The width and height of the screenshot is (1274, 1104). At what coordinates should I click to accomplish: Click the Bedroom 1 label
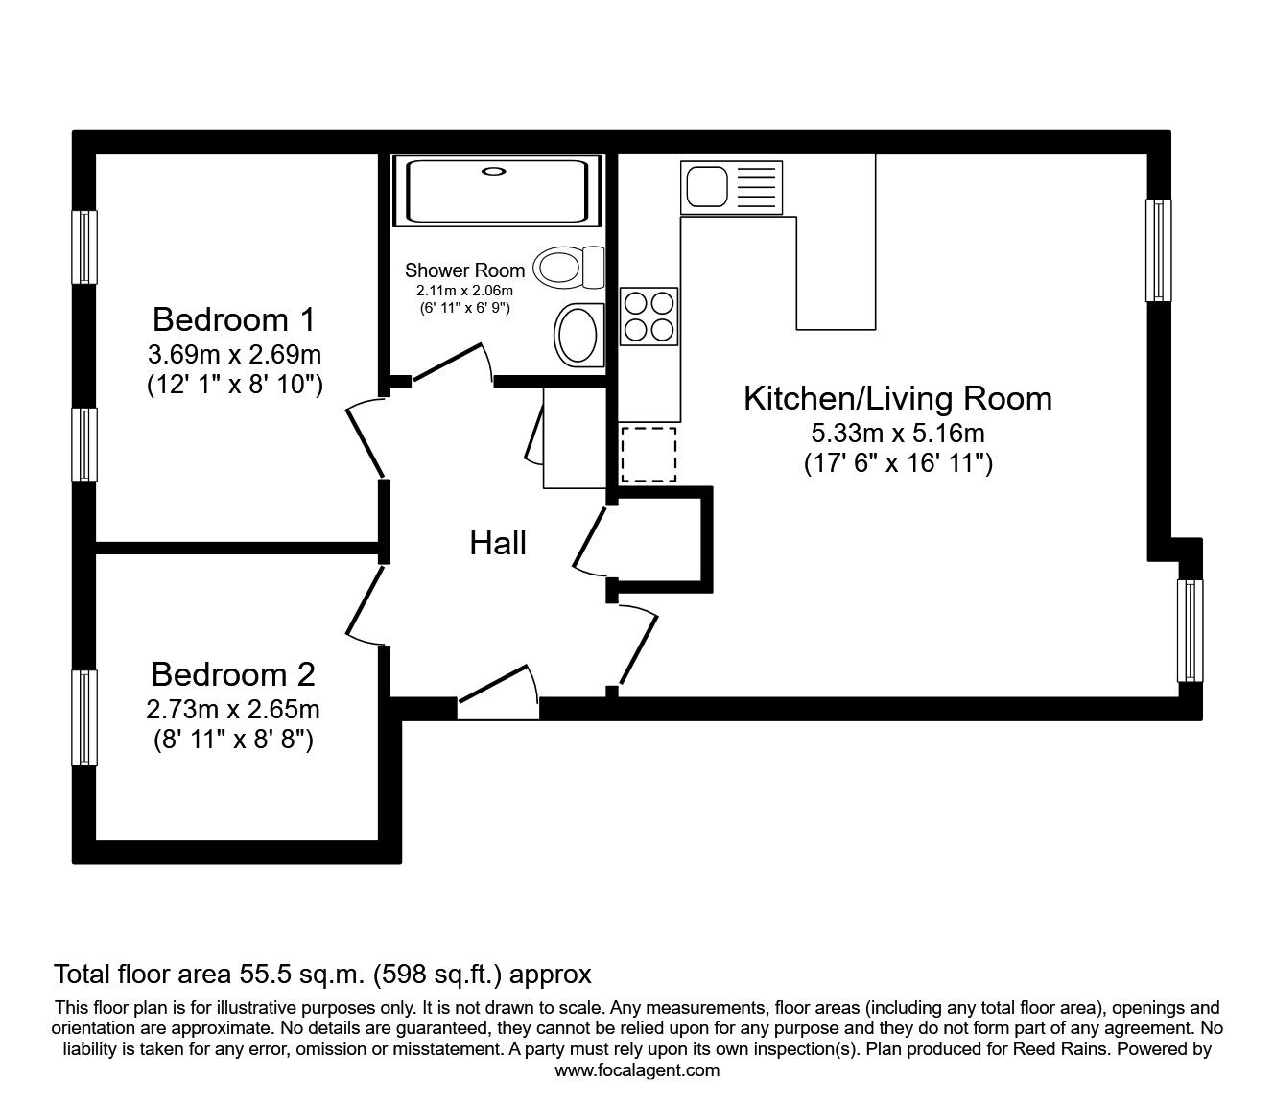pyautogui.click(x=234, y=318)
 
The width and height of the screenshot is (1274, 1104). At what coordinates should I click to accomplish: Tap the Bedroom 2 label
pyautogui.click(x=233, y=675)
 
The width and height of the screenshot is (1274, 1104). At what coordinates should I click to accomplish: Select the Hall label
pyautogui.click(x=498, y=544)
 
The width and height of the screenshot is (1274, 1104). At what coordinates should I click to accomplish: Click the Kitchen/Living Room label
pyautogui.click(x=897, y=398)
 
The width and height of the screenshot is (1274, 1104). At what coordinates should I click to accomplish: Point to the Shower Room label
pyautogui.click(x=464, y=270)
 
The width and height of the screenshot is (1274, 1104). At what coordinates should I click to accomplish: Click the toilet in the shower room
pyautogui.click(x=570, y=266)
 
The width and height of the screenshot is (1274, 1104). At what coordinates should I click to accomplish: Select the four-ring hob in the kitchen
pyautogui.click(x=649, y=317)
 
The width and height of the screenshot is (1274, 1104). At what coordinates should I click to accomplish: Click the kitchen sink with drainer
pyautogui.click(x=731, y=188)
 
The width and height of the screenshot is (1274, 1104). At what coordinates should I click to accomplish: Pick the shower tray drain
pyautogui.click(x=494, y=173)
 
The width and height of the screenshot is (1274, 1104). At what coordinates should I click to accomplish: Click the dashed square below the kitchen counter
pyautogui.click(x=649, y=455)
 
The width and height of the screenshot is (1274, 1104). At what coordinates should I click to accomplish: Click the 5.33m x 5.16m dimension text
pyautogui.click(x=897, y=433)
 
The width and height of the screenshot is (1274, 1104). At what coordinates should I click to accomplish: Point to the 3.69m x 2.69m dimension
pyautogui.click(x=234, y=355)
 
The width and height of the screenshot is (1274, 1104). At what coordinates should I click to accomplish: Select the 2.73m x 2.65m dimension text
pyautogui.click(x=233, y=710)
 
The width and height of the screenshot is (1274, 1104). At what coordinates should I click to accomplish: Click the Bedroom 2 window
pyautogui.click(x=85, y=717)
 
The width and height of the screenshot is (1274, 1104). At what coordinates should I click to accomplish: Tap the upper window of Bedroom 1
pyautogui.click(x=85, y=247)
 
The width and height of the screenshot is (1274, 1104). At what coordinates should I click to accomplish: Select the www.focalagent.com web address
pyautogui.click(x=637, y=1070)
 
